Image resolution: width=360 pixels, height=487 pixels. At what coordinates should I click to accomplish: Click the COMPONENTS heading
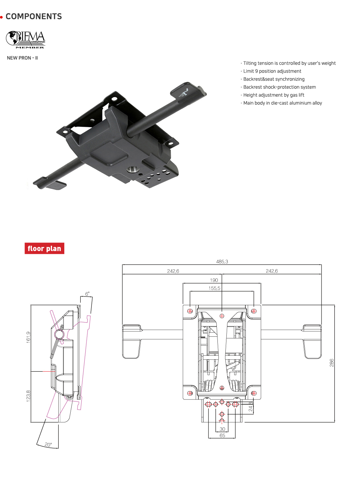tap(33, 17)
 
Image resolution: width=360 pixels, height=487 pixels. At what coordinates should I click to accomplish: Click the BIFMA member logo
tap(26, 40)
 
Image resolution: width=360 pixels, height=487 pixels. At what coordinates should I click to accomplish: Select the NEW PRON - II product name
tap(22, 58)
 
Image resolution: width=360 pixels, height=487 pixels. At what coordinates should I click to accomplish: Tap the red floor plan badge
tap(44, 248)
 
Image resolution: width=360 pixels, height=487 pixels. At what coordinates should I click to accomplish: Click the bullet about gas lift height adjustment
tap(273, 95)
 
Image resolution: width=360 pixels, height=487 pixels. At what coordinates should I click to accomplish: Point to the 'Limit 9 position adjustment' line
tap(272, 71)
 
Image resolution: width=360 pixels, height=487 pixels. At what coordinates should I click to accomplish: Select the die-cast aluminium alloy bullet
tap(282, 103)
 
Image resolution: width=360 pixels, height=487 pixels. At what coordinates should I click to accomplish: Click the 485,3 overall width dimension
tap(222, 261)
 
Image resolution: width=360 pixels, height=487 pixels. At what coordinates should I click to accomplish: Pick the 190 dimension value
tap(214, 280)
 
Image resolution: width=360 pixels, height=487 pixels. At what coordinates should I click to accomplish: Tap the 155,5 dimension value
tap(214, 288)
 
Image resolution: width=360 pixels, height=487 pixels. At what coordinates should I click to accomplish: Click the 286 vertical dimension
tap(331, 362)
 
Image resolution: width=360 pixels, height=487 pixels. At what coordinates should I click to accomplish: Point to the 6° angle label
tap(87, 294)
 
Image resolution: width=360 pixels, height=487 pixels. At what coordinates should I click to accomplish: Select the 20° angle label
tap(48, 444)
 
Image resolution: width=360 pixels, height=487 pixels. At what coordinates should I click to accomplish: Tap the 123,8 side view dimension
tap(28, 396)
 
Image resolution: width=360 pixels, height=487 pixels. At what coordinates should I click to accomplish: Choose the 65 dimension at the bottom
tap(222, 435)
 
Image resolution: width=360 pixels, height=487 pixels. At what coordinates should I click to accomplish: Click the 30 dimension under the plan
tap(222, 429)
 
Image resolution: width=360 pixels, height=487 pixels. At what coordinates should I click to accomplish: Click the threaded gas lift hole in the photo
tap(132, 170)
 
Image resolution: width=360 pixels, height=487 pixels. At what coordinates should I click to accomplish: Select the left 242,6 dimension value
tap(173, 271)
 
